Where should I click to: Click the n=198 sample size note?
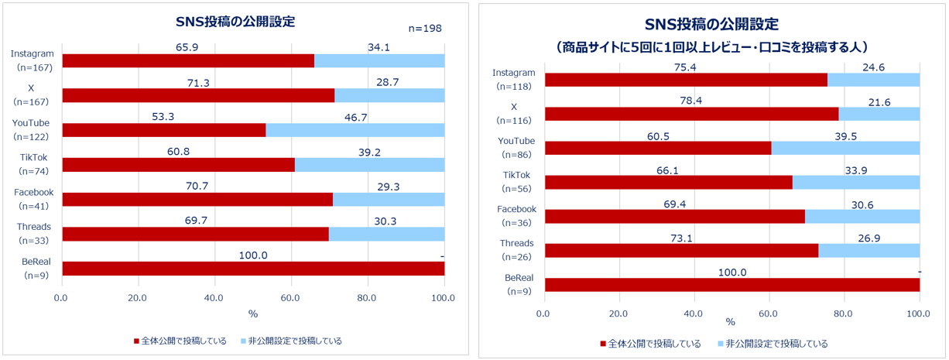coord(424,29)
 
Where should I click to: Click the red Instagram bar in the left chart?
coord(188,60)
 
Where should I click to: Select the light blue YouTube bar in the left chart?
coord(355,130)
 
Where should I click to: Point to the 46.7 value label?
coord(355,116)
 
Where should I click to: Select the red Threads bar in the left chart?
coord(195,234)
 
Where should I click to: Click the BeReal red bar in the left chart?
coord(253,269)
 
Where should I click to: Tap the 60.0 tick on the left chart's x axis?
coord(290,298)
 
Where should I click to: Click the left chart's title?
coord(235,22)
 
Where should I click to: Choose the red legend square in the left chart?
coord(137,341)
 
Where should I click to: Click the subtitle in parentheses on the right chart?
coord(713,47)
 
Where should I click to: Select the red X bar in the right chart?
coord(691,114)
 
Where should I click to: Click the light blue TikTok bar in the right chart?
coord(855,183)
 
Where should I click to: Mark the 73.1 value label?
coord(681,238)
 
